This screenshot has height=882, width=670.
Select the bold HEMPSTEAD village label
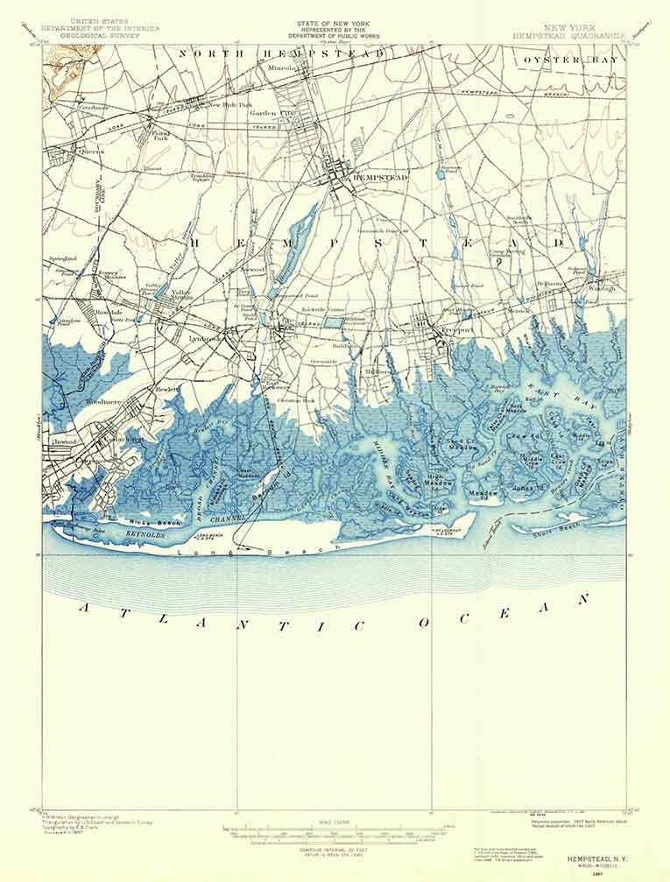tap(375, 177)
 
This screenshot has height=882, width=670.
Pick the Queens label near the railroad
tap(92, 151)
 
